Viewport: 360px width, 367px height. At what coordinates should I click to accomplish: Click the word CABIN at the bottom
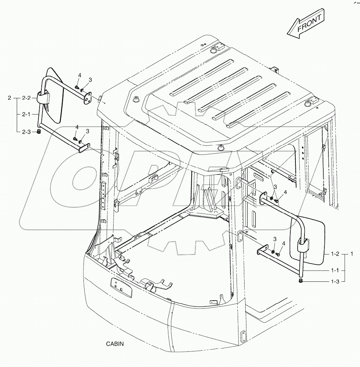(115, 344)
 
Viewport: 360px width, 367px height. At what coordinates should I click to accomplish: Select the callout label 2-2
(27, 98)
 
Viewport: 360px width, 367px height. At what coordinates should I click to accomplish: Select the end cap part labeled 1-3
(301, 281)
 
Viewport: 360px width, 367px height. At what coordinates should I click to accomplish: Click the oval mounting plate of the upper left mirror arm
(87, 99)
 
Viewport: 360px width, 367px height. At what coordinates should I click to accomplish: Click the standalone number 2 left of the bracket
(10, 98)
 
